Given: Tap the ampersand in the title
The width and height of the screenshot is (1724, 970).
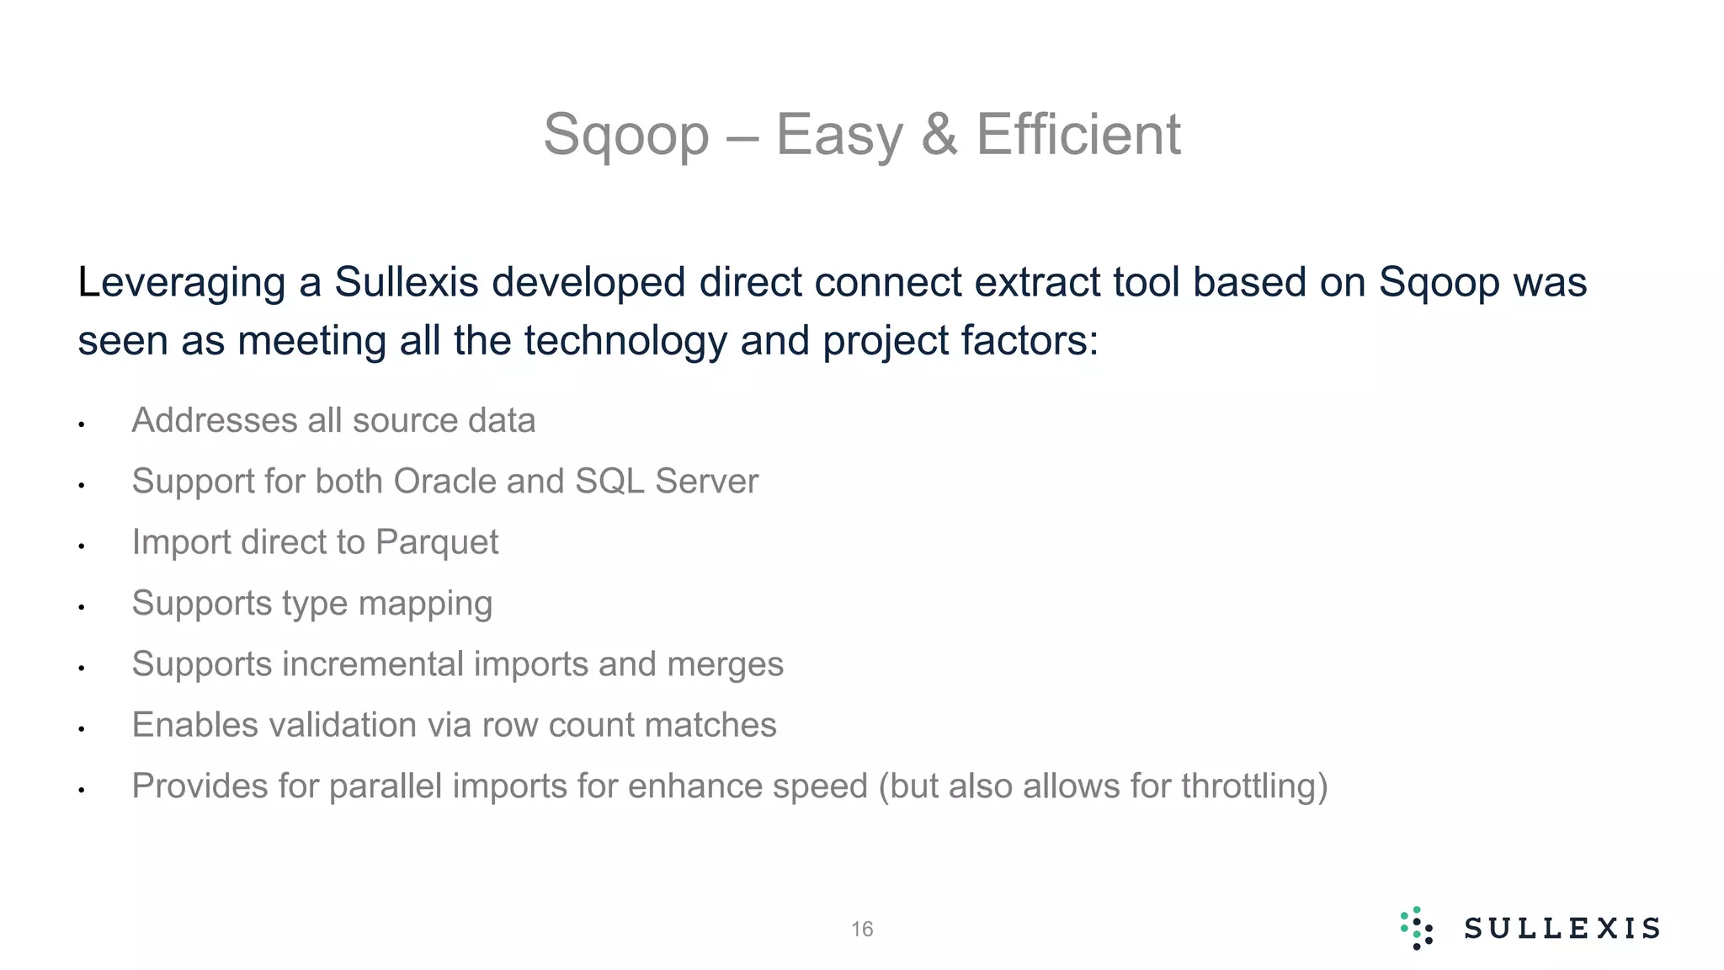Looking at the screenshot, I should coord(939,134).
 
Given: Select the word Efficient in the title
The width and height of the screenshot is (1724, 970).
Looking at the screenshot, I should coord(1078,134).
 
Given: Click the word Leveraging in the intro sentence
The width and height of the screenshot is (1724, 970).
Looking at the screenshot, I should coord(181,283).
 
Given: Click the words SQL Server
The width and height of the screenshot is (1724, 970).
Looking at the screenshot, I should coord(666,482).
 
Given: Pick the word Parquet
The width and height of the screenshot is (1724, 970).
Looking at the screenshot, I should coord(437,542).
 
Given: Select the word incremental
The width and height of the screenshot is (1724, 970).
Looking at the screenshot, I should coord(374,664).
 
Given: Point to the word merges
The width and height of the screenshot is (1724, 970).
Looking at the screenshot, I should coord(725,664).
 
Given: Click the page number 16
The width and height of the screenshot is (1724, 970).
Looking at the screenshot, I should coord(862,930).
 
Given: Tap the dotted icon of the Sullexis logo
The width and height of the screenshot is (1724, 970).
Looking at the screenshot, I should coord(1417,929).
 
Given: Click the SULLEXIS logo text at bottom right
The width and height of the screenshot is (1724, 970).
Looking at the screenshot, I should coord(1562,929).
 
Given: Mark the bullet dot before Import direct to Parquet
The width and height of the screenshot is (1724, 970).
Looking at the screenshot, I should coord(82,546).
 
